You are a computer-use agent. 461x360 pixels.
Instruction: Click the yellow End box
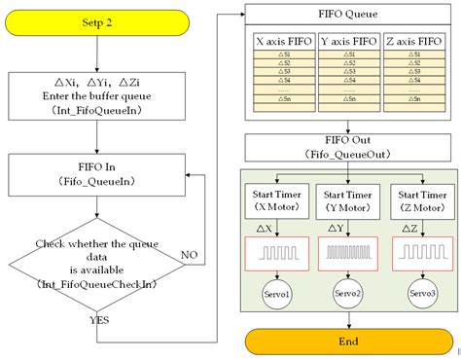347,341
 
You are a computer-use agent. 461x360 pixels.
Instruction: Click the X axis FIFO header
282,43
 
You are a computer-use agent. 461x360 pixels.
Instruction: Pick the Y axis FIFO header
347,43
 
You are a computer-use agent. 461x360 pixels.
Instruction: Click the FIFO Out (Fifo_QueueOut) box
347,147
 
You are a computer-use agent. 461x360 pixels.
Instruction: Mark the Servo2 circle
347,294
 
